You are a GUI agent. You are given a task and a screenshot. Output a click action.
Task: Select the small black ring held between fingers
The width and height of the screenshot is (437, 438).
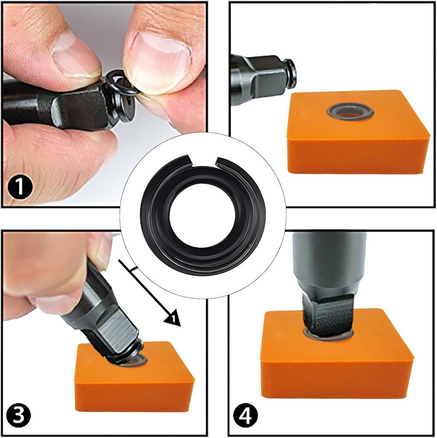(121, 84)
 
